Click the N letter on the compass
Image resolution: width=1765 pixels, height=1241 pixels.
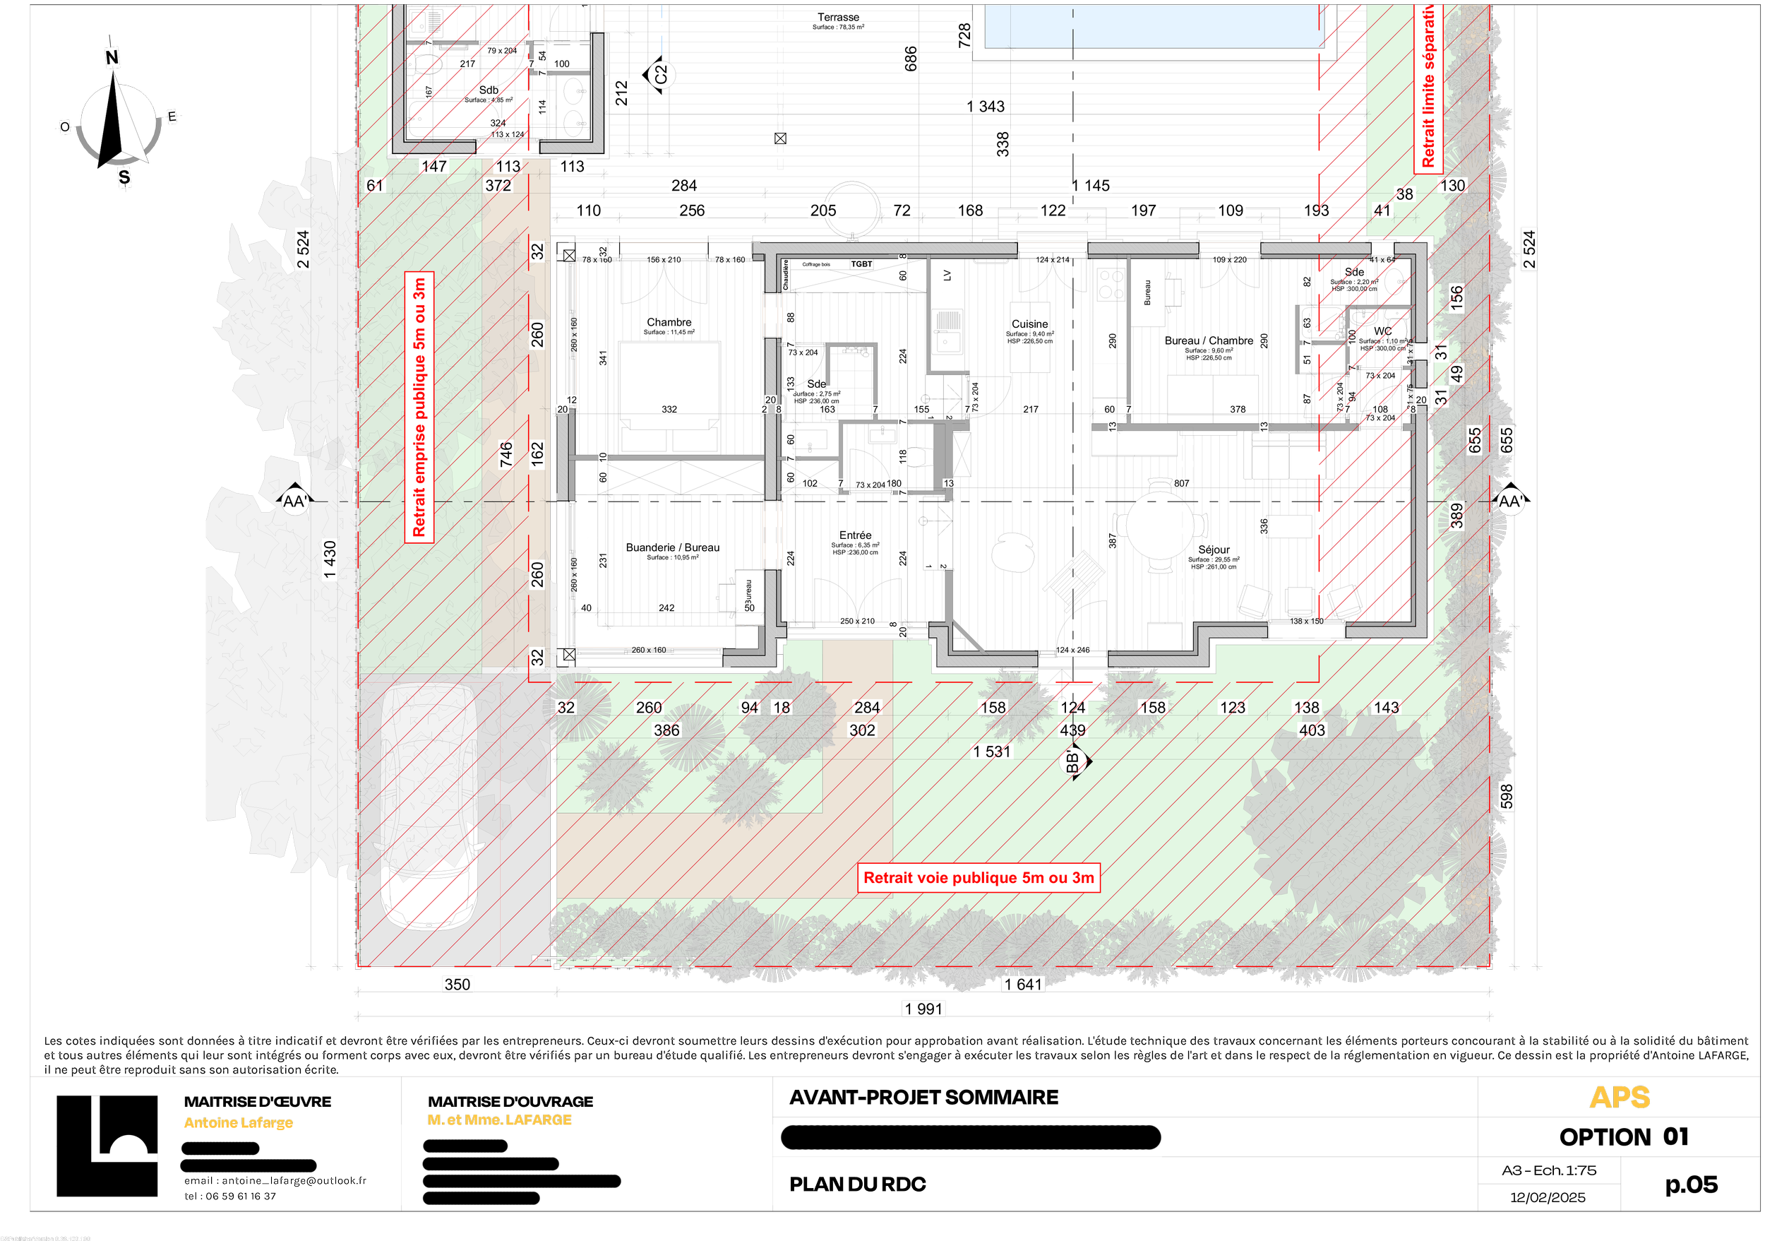[112, 58]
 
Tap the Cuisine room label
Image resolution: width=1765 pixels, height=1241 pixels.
[1029, 324]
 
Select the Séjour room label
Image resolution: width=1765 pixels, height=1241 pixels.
[1214, 550]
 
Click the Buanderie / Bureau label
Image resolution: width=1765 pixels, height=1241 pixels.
[673, 547]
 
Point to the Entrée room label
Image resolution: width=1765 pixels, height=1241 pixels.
[856, 535]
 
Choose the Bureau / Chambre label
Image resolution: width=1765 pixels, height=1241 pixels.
[1209, 340]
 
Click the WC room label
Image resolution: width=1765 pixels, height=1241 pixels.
[1383, 331]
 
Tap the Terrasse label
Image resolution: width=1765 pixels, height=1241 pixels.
[838, 17]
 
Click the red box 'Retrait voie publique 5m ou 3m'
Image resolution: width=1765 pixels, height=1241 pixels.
[979, 878]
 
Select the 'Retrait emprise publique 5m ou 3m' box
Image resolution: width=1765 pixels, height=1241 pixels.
[419, 408]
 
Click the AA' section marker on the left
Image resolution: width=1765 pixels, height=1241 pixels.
[294, 502]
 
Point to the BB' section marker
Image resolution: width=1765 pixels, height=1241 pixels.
[1073, 762]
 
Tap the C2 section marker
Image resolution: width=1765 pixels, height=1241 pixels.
[659, 75]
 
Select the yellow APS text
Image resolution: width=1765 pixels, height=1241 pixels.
[1619, 1098]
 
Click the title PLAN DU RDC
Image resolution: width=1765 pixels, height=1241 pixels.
[857, 1184]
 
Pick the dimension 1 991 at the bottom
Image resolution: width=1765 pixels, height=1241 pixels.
[923, 1009]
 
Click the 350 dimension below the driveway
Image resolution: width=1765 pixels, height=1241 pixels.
[457, 984]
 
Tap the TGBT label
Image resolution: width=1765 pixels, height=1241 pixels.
[862, 263]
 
